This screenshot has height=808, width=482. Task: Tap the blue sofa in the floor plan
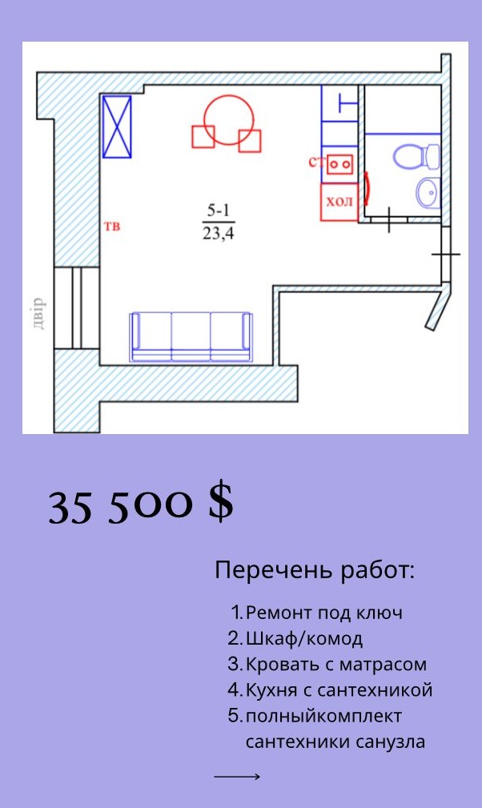point(191,337)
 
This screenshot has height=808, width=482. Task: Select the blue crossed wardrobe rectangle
point(117,127)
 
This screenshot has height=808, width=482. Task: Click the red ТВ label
point(112,226)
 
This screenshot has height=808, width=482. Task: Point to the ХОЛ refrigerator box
point(339,202)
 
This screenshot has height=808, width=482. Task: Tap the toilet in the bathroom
point(416,156)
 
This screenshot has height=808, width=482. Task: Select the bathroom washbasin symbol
point(428,192)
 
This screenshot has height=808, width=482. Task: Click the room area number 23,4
point(219,234)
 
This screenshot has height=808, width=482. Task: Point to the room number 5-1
point(219,211)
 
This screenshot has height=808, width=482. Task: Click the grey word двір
point(39,313)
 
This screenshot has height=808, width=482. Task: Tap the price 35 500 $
point(141,507)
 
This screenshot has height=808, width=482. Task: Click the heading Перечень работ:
point(315,571)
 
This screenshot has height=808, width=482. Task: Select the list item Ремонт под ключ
point(324,613)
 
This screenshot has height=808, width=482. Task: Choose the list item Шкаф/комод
point(304,638)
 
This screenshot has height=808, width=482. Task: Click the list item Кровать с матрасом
point(336,664)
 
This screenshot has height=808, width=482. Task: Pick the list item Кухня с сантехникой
point(339,690)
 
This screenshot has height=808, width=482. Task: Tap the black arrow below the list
point(237,776)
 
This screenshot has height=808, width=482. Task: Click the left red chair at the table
point(203,137)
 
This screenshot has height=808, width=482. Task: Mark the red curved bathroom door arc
point(368,185)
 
